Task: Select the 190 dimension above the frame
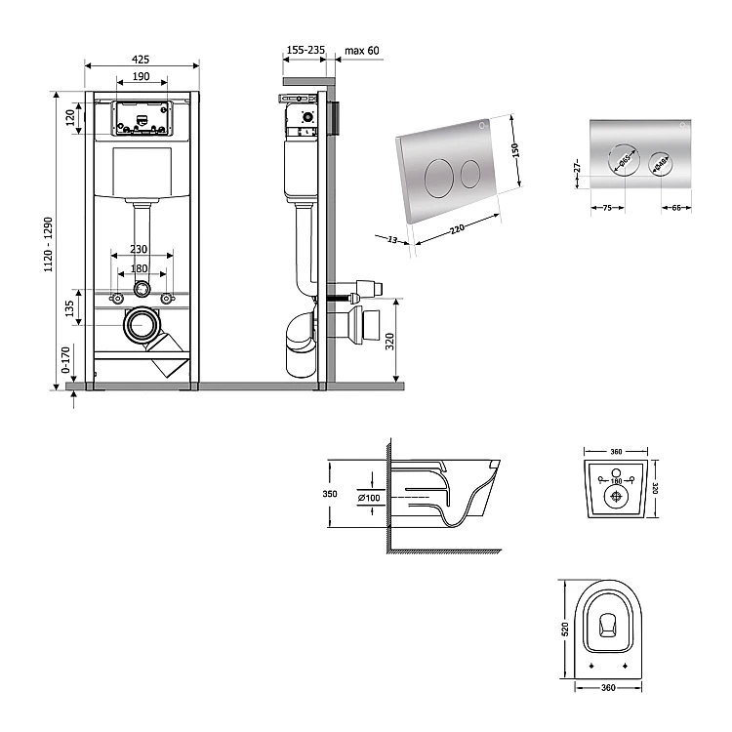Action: pyautogui.click(x=141, y=76)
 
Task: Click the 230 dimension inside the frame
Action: pyautogui.click(x=141, y=250)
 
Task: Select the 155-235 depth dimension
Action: pyautogui.click(x=305, y=50)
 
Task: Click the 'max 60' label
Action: pyautogui.click(x=363, y=50)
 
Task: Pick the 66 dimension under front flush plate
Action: pyautogui.click(x=676, y=207)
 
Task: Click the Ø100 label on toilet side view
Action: pyautogui.click(x=370, y=499)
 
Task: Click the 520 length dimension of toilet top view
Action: pyautogui.click(x=565, y=630)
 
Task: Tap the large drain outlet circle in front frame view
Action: pyautogui.click(x=142, y=324)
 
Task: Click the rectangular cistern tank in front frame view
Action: pyautogui.click(x=142, y=171)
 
